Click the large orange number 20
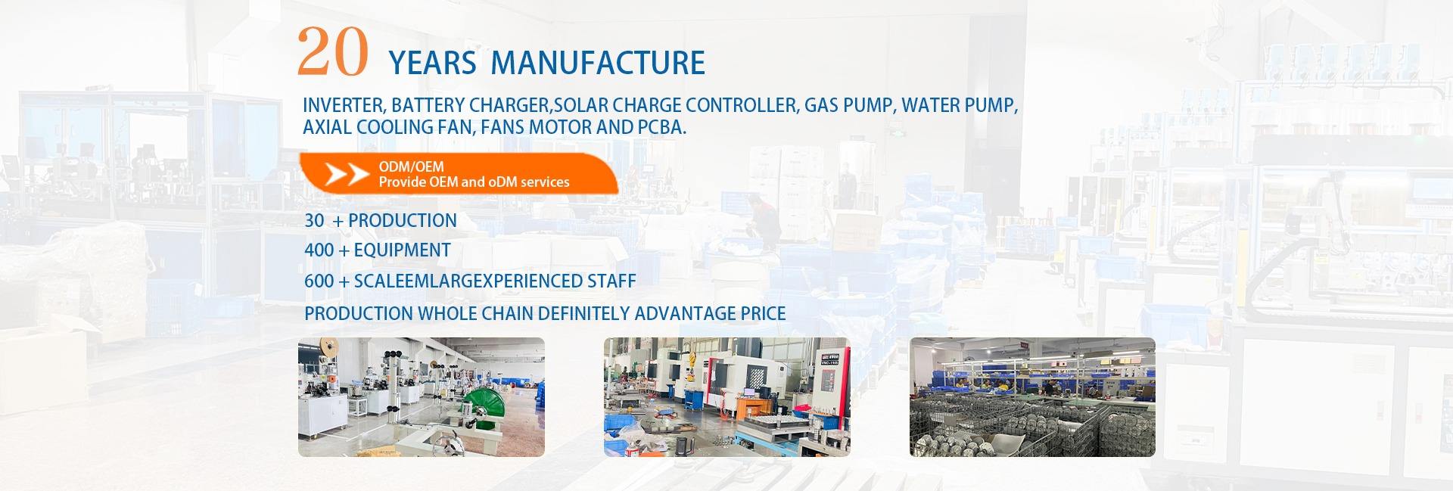[x=333, y=52]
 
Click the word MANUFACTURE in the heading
[x=598, y=63]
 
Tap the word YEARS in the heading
[x=432, y=63]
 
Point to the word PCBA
[x=662, y=127]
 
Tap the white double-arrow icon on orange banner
[x=347, y=174]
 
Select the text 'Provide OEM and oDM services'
[x=474, y=182]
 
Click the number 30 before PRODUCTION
[x=314, y=221]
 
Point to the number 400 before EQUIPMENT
[x=319, y=250]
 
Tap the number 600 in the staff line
[x=319, y=281]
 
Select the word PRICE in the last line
[x=762, y=313]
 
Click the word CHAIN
[x=506, y=313]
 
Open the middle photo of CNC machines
[x=727, y=397]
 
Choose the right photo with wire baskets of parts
[x=1032, y=397]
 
